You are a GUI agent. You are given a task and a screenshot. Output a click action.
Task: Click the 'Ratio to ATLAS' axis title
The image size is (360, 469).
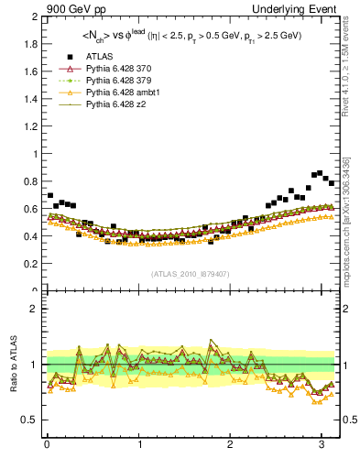click(x=12, y=364)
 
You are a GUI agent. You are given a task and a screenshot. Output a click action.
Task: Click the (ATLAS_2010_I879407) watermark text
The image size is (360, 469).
click(x=191, y=273)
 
